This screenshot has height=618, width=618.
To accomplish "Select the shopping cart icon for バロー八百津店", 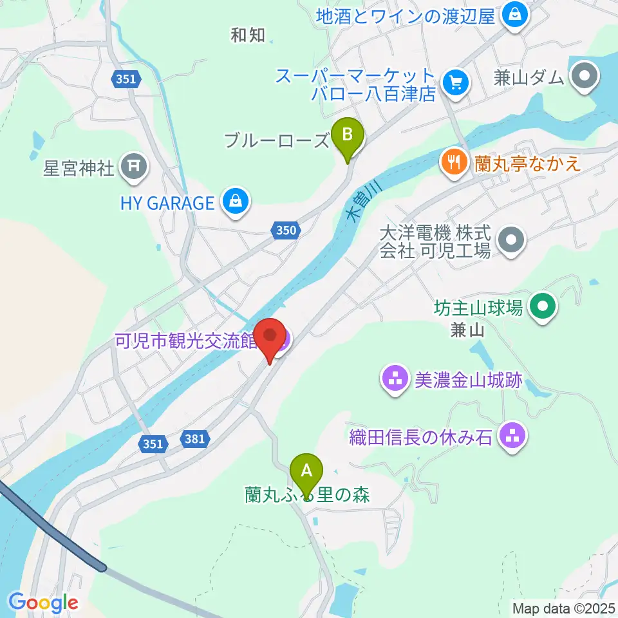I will [x=456, y=82].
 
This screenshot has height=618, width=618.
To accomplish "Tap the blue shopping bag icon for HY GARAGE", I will [x=235, y=202].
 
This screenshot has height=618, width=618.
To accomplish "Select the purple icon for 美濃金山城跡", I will [x=395, y=379].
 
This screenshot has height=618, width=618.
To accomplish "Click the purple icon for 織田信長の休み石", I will [x=513, y=438].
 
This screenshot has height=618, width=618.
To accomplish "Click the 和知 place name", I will [x=248, y=35].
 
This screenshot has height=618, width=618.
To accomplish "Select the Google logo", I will [x=43, y=603].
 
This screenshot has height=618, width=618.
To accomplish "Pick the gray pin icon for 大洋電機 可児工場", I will [x=512, y=240].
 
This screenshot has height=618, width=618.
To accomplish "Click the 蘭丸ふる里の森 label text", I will [x=309, y=494].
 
